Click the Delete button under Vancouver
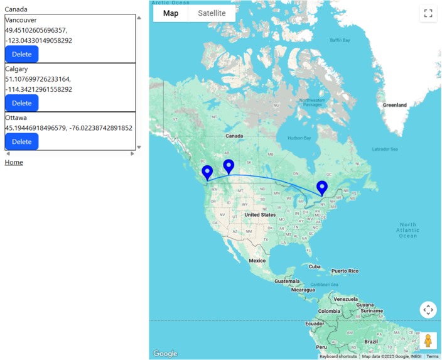pos(21,55)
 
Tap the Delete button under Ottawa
pos(21,142)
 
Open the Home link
pos(14,162)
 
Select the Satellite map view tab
pos(212,13)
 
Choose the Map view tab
pos(171,13)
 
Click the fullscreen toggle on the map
pos(428,14)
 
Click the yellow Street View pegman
pos(428,341)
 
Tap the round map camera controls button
pos(428,310)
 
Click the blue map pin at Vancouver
pos(207,172)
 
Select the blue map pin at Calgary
pos(229,166)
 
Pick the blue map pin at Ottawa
pos(322,187)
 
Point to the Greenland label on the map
pos(395,105)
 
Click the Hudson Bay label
pos(299,138)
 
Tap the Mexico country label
pos(257,260)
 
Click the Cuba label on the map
pos(315,266)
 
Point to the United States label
pos(260,215)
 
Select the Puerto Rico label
pos(345,271)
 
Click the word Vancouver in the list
pos(21,20)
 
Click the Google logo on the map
pos(165,354)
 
